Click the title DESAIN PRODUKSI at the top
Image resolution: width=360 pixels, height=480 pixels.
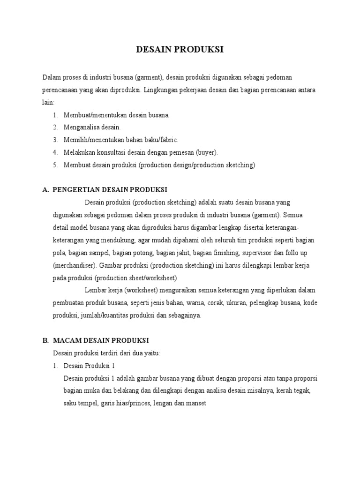click(180, 50)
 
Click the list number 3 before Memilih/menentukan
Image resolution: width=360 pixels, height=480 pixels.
click(55, 140)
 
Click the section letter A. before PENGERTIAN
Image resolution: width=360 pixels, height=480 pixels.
click(45, 190)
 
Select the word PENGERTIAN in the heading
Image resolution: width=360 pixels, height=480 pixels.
click(74, 190)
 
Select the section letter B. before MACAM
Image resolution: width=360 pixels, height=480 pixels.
click(45, 340)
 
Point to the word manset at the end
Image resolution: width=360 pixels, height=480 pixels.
click(196, 403)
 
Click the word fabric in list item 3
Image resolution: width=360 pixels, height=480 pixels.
click(168, 140)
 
